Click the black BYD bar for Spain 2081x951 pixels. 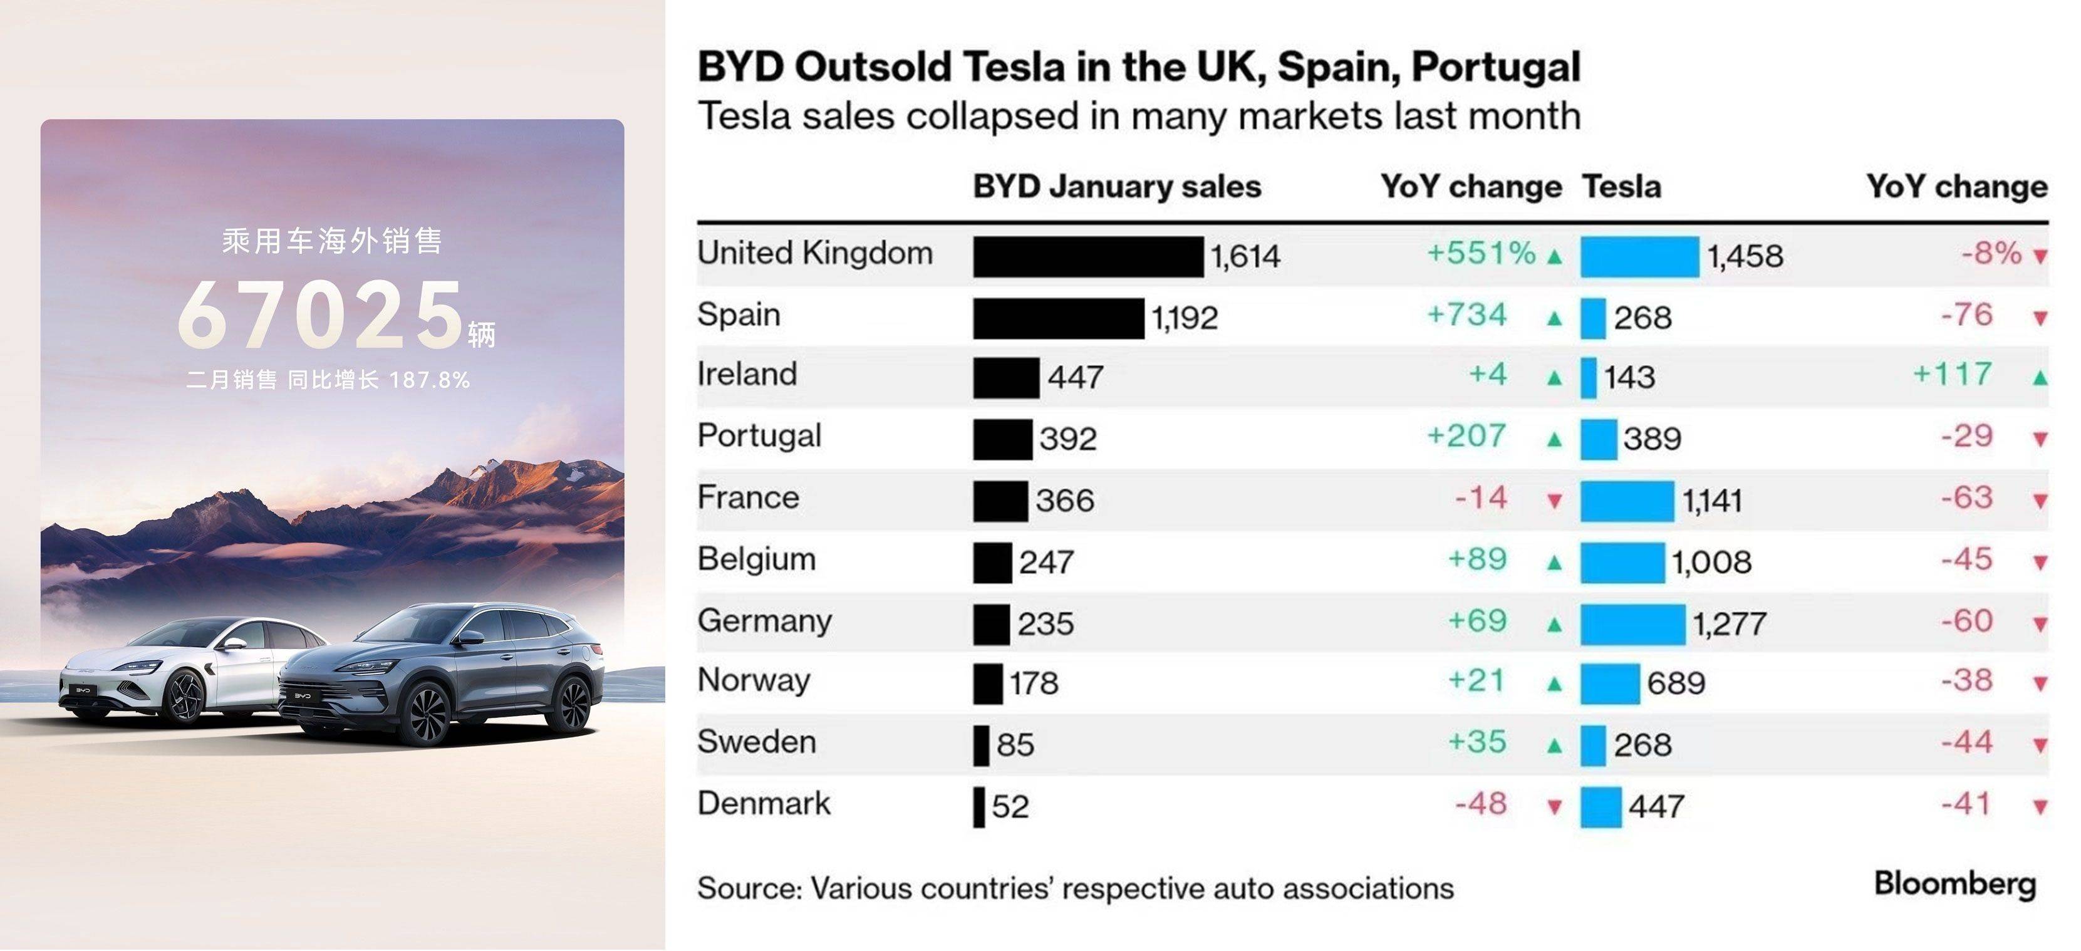[x=1058, y=318]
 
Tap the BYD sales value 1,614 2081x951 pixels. [x=1245, y=257]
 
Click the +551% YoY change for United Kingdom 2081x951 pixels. [x=1481, y=254]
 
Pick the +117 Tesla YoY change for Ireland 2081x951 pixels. [x=1952, y=375]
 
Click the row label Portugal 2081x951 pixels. [x=759, y=436]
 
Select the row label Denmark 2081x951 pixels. [x=764, y=804]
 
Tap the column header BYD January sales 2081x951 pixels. [x=1116, y=187]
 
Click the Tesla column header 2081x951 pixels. [x=1621, y=187]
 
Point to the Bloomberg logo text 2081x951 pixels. [x=1954, y=884]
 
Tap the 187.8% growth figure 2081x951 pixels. [x=429, y=380]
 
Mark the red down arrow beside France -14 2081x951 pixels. [x=1554, y=501]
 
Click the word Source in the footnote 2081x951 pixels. [x=748, y=889]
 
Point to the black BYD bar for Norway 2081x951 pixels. [x=988, y=684]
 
